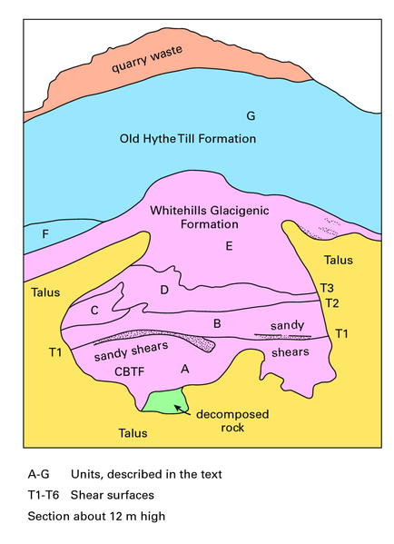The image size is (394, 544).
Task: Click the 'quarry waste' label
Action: click(147, 59)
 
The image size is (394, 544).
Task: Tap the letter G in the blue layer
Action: click(251, 115)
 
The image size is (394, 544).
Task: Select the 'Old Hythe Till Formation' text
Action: click(188, 139)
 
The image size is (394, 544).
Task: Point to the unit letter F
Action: click(45, 234)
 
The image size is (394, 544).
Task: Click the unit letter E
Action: click(229, 246)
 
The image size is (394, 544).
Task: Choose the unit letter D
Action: click(164, 290)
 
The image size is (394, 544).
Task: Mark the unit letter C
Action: click(94, 311)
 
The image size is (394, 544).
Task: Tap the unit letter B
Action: click(217, 323)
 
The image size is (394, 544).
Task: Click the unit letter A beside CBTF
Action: click(185, 369)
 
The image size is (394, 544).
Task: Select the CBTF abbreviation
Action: click(130, 371)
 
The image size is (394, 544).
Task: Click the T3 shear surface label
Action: click(327, 288)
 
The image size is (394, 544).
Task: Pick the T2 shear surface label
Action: click(332, 303)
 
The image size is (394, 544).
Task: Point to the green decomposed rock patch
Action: click(165, 401)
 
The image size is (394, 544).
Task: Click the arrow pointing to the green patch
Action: click(182, 410)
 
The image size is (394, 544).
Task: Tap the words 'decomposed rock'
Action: click(232, 420)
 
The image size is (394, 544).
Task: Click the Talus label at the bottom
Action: click(133, 433)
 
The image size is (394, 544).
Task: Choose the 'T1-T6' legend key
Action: click(44, 495)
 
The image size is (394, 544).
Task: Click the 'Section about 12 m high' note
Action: click(96, 516)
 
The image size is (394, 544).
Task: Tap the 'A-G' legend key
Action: click(38, 474)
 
